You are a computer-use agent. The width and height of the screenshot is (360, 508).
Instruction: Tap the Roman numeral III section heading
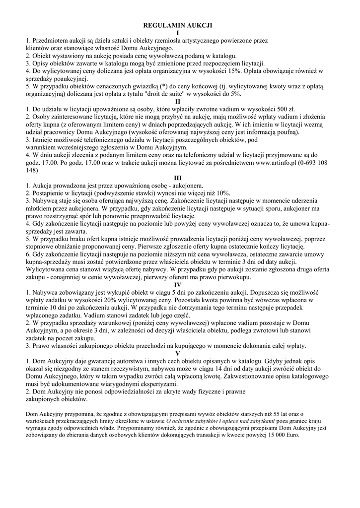[x=178, y=178]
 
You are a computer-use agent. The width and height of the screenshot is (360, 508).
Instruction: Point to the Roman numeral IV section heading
[x=178, y=285]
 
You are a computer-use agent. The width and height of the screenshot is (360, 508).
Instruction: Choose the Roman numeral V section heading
[x=178, y=353]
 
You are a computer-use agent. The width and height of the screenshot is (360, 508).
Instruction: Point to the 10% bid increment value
[x=221, y=193]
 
